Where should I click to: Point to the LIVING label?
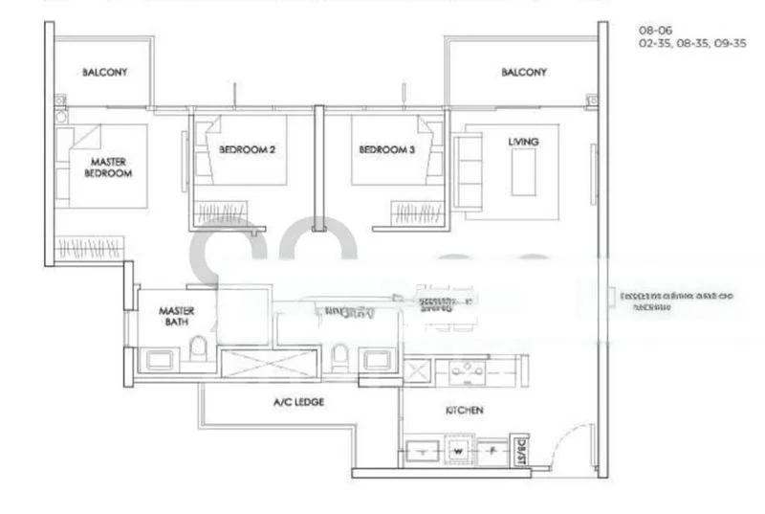(x=523, y=142)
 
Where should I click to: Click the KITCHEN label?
(x=464, y=411)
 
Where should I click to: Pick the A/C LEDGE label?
(x=299, y=403)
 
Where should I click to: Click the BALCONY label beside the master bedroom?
(x=105, y=73)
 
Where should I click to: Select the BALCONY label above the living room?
(x=523, y=73)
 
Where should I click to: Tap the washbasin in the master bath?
(x=157, y=361)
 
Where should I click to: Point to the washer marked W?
(x=458, y=448)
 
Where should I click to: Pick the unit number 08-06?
(x=654, y=31)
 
